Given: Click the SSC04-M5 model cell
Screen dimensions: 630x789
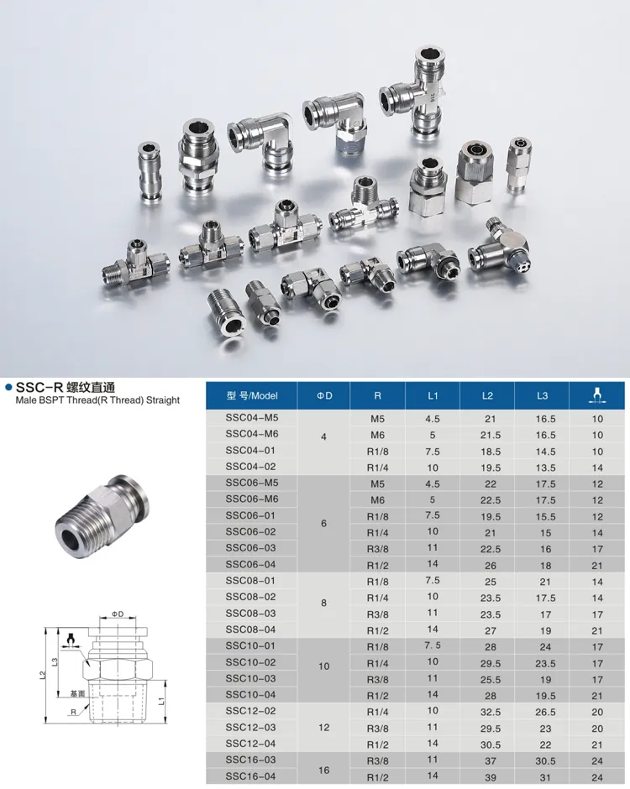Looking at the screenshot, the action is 252,418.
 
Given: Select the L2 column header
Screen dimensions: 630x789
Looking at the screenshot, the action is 487,395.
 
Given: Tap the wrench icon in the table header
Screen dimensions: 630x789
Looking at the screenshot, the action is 597,395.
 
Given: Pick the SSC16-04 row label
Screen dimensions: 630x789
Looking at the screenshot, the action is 251,776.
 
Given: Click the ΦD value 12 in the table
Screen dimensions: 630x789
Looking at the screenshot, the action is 323,728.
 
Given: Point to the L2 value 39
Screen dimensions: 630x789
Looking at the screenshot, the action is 491,777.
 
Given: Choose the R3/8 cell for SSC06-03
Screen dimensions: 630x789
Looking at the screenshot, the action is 378,549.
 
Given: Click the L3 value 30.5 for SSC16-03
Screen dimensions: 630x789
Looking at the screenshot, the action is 545,761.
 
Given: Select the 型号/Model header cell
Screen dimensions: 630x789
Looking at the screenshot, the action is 252,395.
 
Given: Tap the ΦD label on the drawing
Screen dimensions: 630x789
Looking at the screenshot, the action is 118,614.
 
